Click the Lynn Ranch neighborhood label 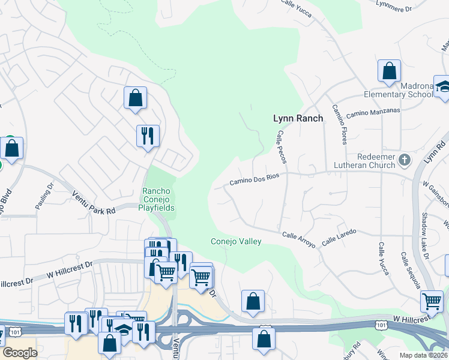coord(298,118)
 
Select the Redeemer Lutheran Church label coord(367,160)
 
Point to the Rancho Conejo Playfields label coord(158,200)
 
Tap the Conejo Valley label coord(236,241)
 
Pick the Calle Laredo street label coord(339,236)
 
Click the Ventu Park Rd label coord(93,202)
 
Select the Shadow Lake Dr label coord(424,236)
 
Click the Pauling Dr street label coord(44,196)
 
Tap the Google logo coord(20,352)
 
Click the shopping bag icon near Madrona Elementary coord(389,71)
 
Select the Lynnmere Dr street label coord(411,8)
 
